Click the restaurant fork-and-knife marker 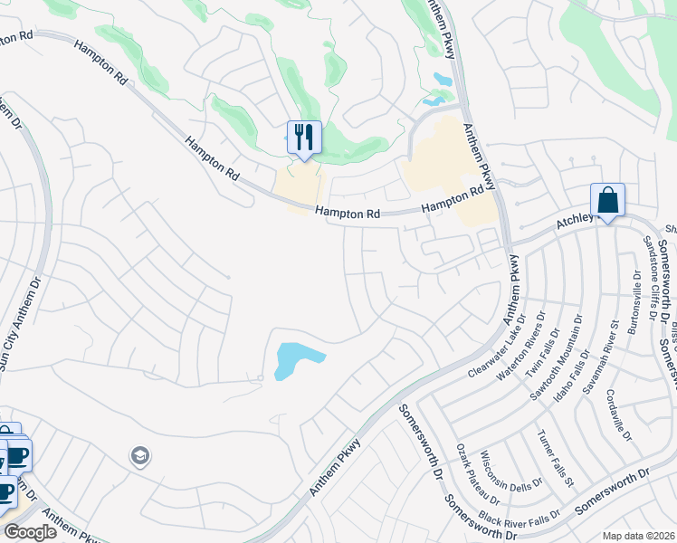304,138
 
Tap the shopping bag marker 607,201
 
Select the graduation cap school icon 139,454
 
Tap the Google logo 30,532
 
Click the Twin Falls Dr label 541,339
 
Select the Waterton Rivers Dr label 521,345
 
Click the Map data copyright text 639,536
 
